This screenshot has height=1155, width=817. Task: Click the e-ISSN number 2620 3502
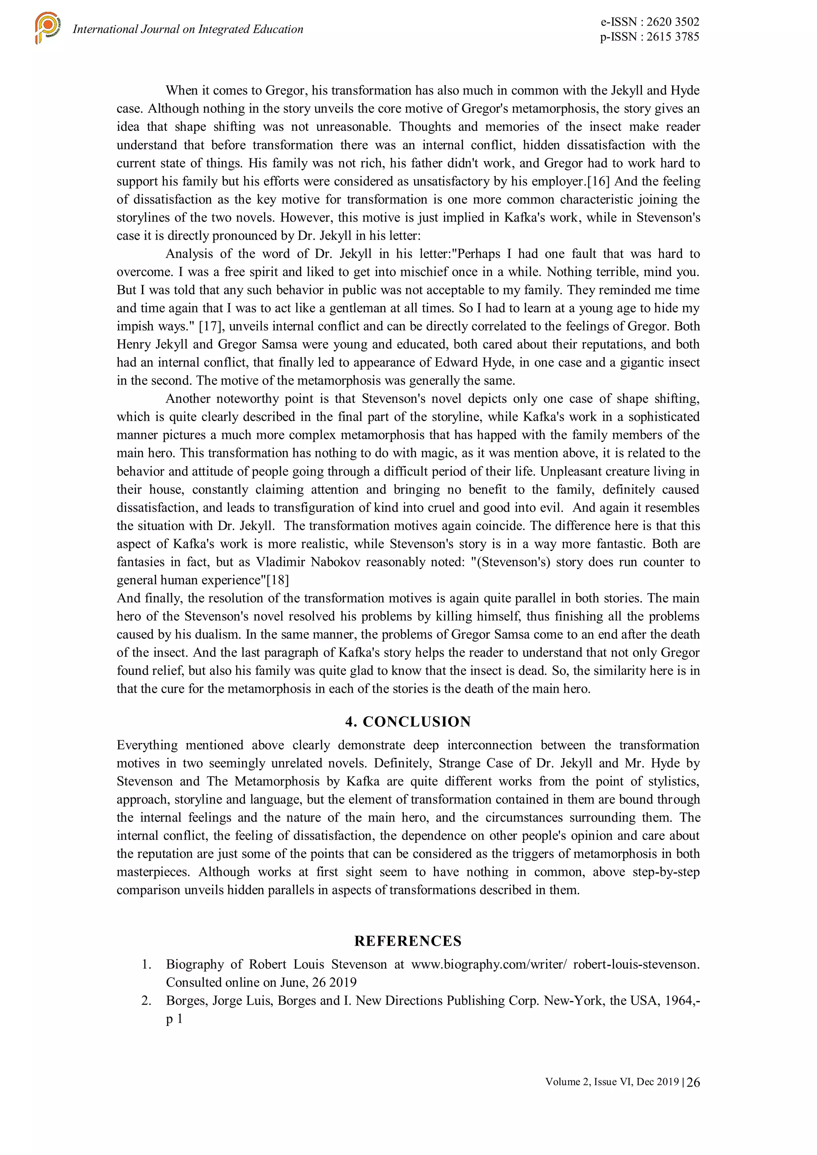(673, 22)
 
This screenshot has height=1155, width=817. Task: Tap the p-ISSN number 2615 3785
(673, 37)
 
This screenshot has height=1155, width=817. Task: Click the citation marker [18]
(278, 580)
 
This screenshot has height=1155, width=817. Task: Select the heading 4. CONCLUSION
(408, 721)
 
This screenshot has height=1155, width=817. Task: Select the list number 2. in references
(146, 1001)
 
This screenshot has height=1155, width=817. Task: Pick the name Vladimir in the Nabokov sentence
(279, 562)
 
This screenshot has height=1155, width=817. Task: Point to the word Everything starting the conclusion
(147, 745)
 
